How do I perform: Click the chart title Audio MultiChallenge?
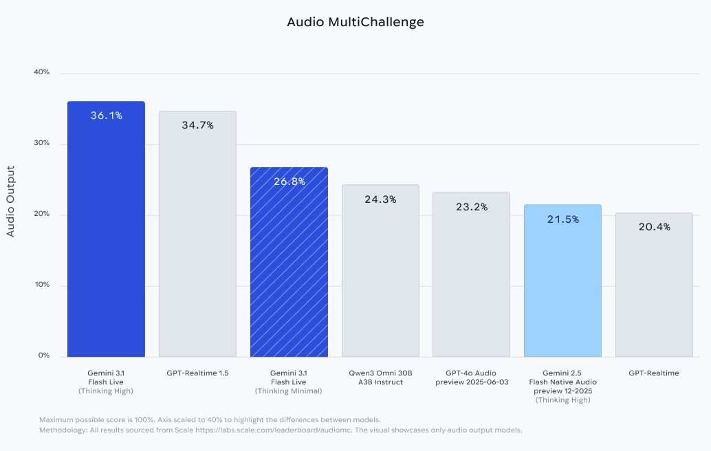click(x=355, y=22)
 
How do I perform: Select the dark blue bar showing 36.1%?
click(x=106, y=234)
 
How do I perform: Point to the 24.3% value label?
click(x=380, y=199)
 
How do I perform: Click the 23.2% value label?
click(x=472, y=206)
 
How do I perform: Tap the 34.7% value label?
click(x=197, y=125)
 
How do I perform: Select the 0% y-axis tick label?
click(x=43, y=355)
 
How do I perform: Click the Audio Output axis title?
click(x=10, y=201)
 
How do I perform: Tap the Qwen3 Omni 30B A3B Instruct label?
click(x=380, y=377)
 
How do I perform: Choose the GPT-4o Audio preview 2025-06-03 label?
click(x=472, y=377)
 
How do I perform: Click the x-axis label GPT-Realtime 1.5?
click(x=197, y=373)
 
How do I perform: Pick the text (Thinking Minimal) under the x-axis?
click(x=289, y=391)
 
